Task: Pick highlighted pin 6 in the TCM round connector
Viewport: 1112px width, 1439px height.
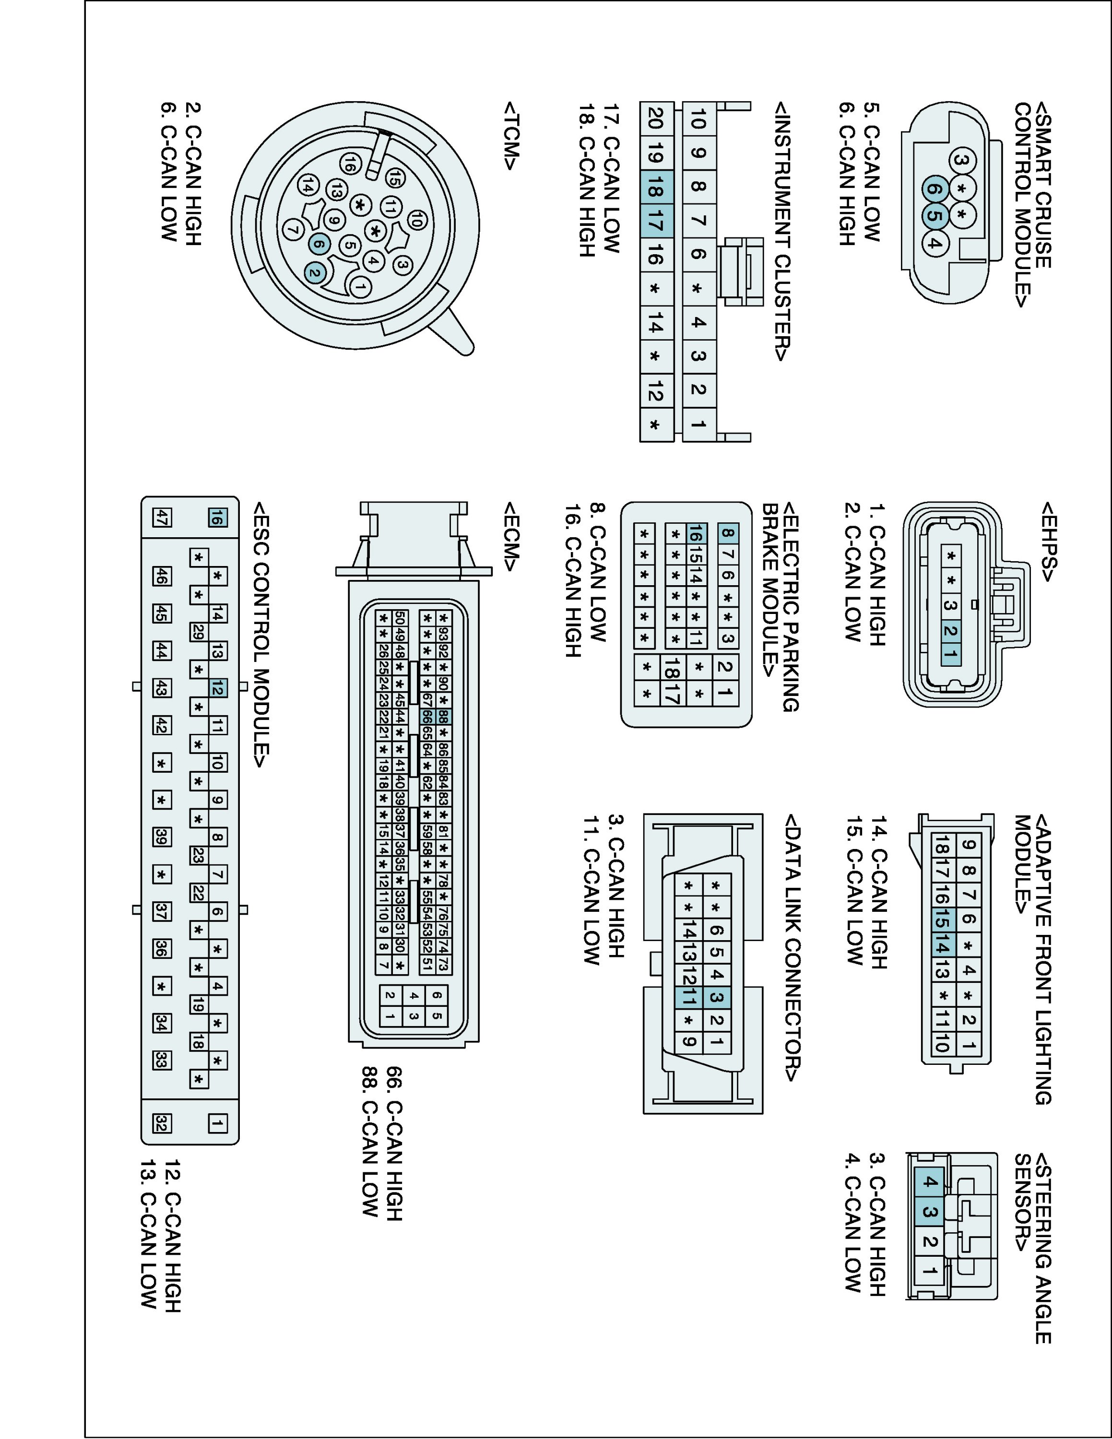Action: (x=319, y=244)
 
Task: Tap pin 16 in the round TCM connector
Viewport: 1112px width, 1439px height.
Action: (x=351, y=165)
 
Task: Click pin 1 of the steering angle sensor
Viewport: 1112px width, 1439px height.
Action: (x=929, y=1270)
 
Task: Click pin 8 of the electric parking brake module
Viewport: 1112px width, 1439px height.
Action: (x=727, y=534)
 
